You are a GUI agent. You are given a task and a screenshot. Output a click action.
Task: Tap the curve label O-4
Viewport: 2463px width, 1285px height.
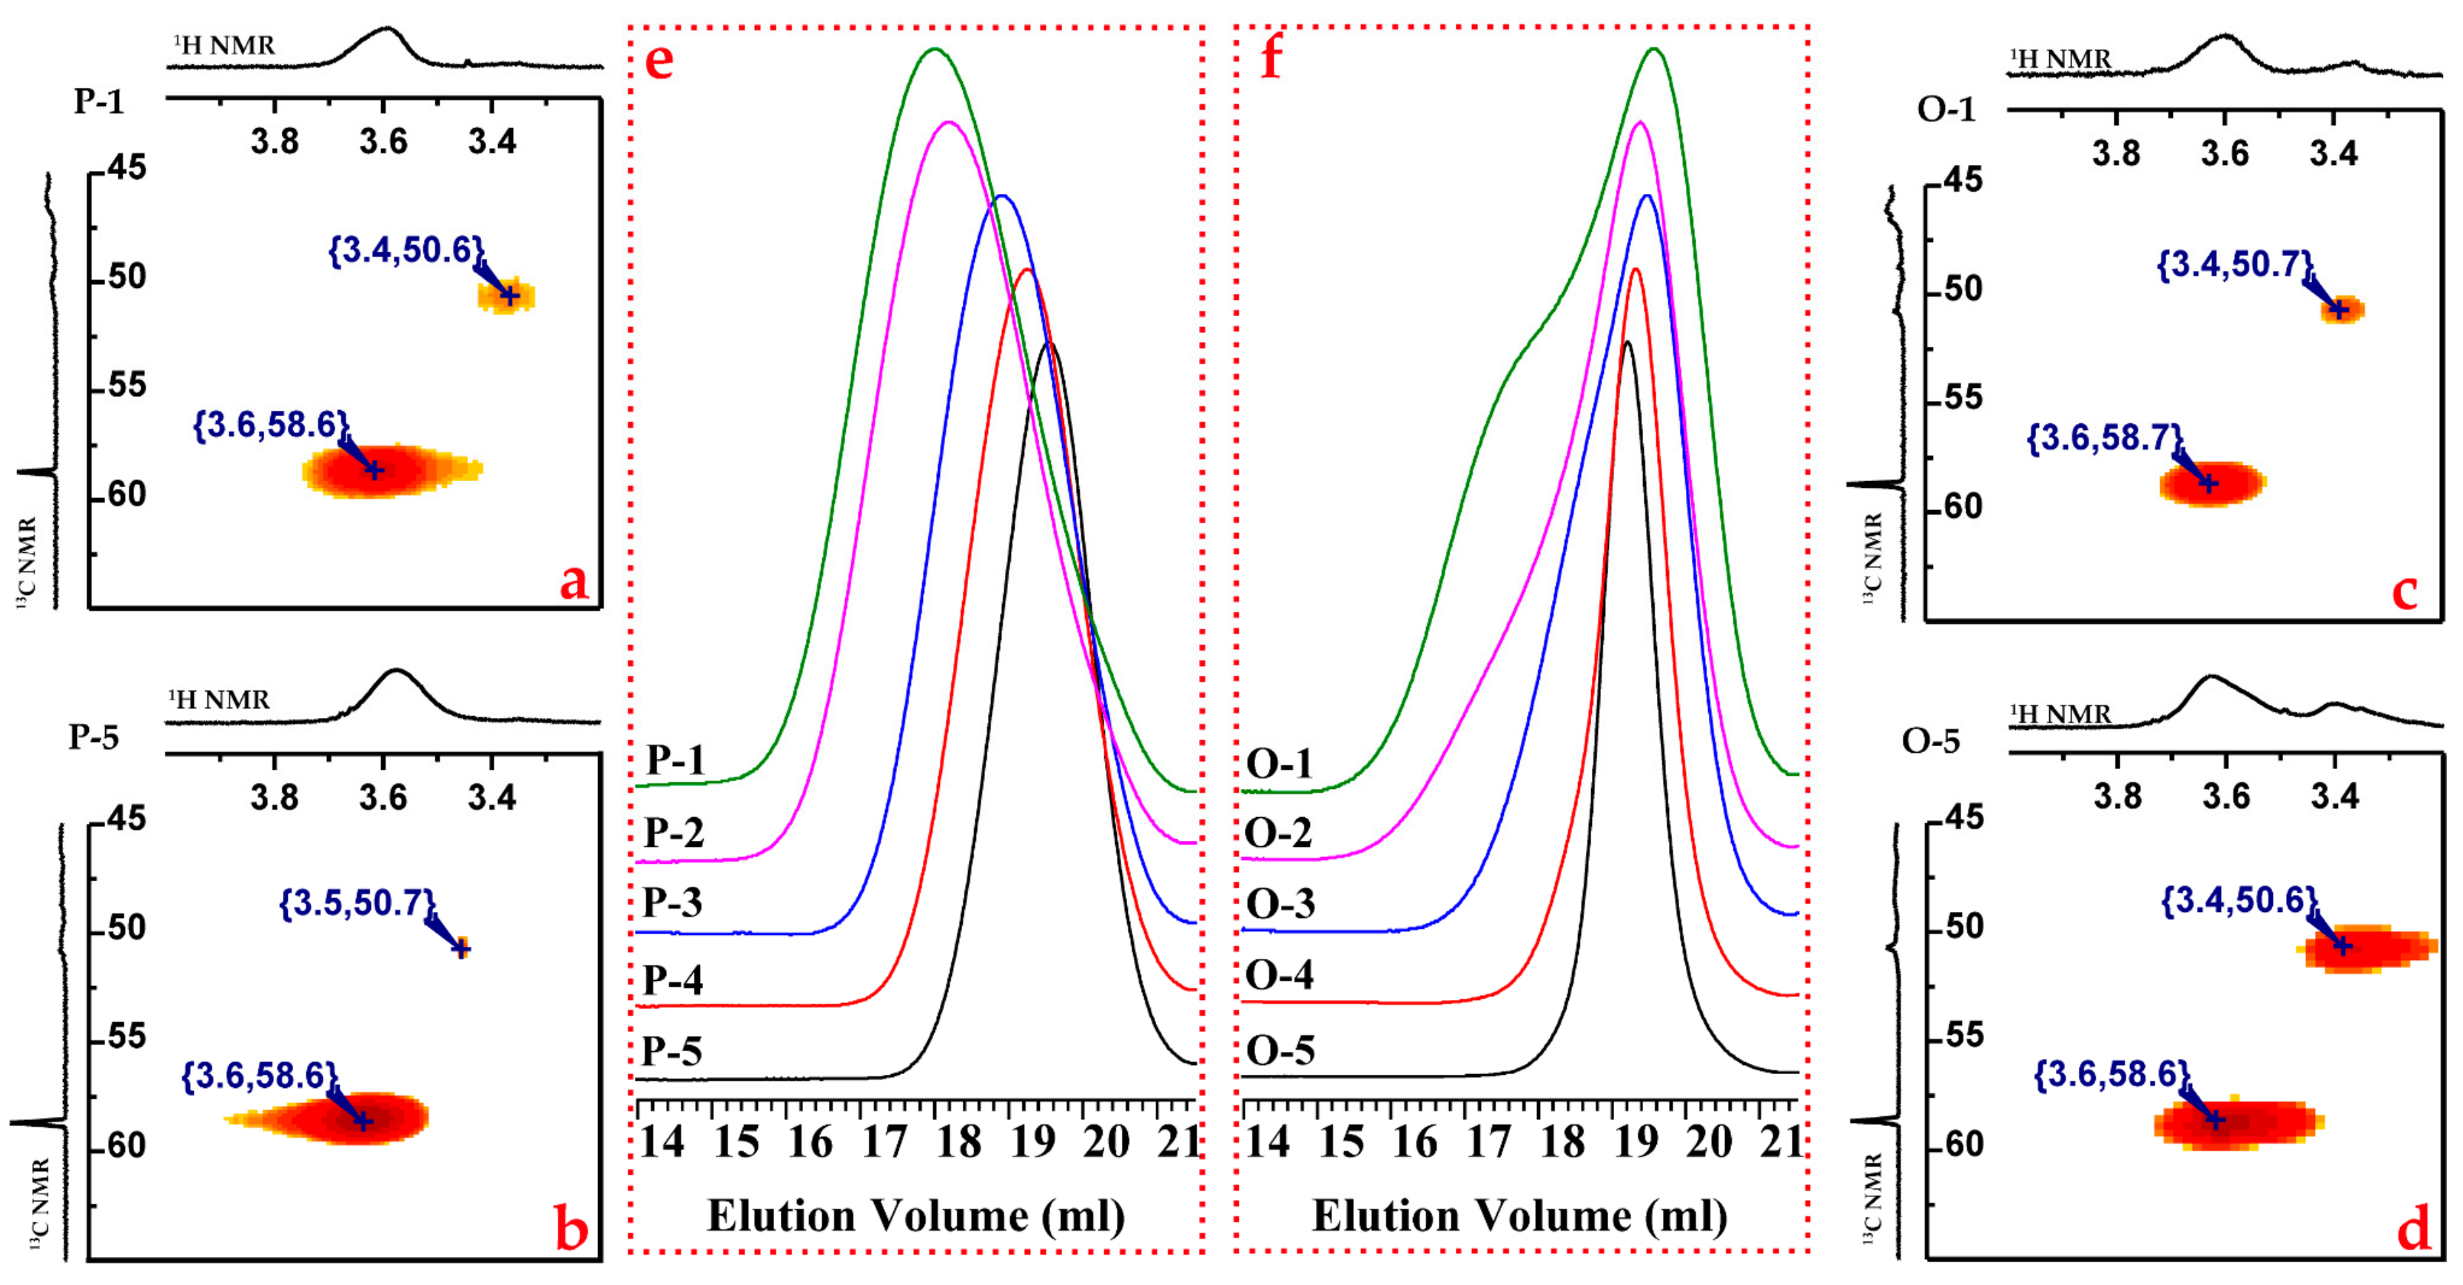point(1280,976)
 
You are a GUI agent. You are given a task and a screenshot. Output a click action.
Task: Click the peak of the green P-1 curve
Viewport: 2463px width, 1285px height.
point(934,50)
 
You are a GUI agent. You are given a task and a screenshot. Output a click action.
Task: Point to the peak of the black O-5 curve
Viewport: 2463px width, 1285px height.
point(1627,341)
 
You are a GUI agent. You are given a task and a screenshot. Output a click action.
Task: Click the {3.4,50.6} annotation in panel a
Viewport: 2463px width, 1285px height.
point(406,250)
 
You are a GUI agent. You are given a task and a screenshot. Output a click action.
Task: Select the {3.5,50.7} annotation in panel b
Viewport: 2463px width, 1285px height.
point(357,902)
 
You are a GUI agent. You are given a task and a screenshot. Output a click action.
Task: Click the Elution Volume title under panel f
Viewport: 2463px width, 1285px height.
point(1519,1216)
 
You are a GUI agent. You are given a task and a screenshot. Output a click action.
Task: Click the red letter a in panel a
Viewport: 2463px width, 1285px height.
point(574,581)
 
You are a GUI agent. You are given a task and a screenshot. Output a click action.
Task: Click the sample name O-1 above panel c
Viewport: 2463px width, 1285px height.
point(1946,110)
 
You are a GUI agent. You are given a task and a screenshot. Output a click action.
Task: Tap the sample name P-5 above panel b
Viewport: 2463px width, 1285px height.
point(94,737)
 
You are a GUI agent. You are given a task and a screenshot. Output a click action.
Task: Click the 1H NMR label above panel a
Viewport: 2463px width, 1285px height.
point(225,46)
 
